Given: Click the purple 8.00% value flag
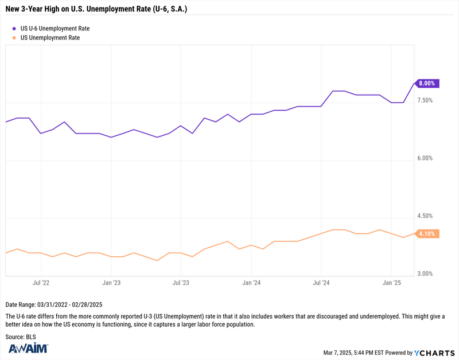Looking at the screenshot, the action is click(x=427, y=83).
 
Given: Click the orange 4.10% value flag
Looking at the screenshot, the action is click(x=427, y=234).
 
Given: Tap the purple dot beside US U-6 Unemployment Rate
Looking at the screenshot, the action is click(x=14, y=29).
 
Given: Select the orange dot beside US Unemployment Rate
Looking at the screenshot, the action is click(x=14, y=38).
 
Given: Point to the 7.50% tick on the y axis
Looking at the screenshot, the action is click(x=425, y=100).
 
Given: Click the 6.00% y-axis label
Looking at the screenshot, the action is click(x=425, y=158).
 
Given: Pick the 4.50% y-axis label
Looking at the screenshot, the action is click(x=425, y=216).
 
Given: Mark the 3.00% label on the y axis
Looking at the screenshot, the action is click(x=425, y=274).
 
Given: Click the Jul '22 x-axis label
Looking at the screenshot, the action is click(x=41, y=283).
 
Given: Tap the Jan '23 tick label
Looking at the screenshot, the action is click(x=111, y=283).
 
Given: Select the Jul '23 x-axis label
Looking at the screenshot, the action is click(x=181, y=283).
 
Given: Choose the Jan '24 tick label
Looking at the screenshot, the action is click(x=251, y=283).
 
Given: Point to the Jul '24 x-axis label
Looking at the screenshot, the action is click(x=321, y=283).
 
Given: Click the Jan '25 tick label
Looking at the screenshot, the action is click(x=392, y=283).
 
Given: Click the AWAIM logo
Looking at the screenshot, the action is click(x=28, y=348).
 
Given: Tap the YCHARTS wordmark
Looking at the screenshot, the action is click(x=434, y=353).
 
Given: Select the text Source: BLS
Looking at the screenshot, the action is click(x=21, y=337).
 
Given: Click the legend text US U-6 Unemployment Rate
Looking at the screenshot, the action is click(x=55, y=29).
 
